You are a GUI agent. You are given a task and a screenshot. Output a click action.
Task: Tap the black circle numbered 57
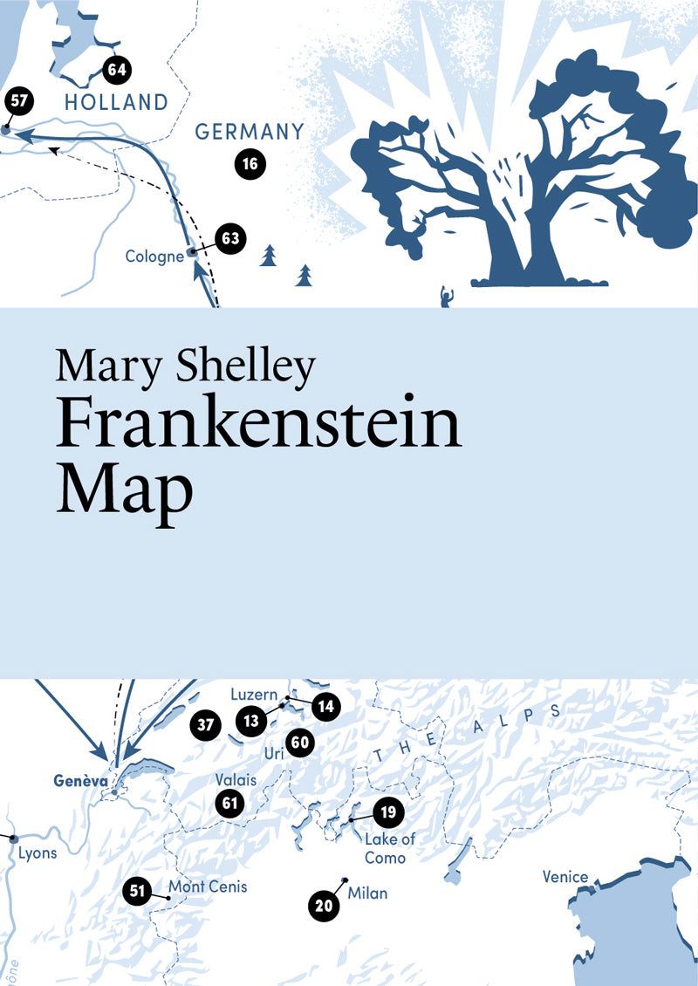[19, 100]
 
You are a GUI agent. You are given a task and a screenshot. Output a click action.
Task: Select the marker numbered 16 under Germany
[250, 163]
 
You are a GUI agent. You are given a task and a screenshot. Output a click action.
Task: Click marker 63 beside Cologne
[229, 238]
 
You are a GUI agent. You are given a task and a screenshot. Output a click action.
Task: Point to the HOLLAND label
[116, 102]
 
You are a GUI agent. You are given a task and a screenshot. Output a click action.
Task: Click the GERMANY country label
[250, 132]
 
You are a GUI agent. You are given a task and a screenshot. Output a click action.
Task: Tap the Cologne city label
[154, 257]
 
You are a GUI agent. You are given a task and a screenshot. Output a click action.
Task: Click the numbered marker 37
[205, 724]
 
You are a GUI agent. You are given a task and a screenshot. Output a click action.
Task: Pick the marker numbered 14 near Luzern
[325, 706]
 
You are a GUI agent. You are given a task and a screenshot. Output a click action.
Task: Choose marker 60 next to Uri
[299, 743]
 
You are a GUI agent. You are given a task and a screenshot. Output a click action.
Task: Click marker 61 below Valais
[230, 803]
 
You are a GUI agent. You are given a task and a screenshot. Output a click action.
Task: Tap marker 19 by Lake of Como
[388, 812]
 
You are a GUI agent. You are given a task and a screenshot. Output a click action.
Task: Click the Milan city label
[366, 894]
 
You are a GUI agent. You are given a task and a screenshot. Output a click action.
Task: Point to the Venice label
[565, 877]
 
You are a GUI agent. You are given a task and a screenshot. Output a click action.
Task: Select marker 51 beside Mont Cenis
[135, 890]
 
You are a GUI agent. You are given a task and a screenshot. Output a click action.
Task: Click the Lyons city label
[38, 852]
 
